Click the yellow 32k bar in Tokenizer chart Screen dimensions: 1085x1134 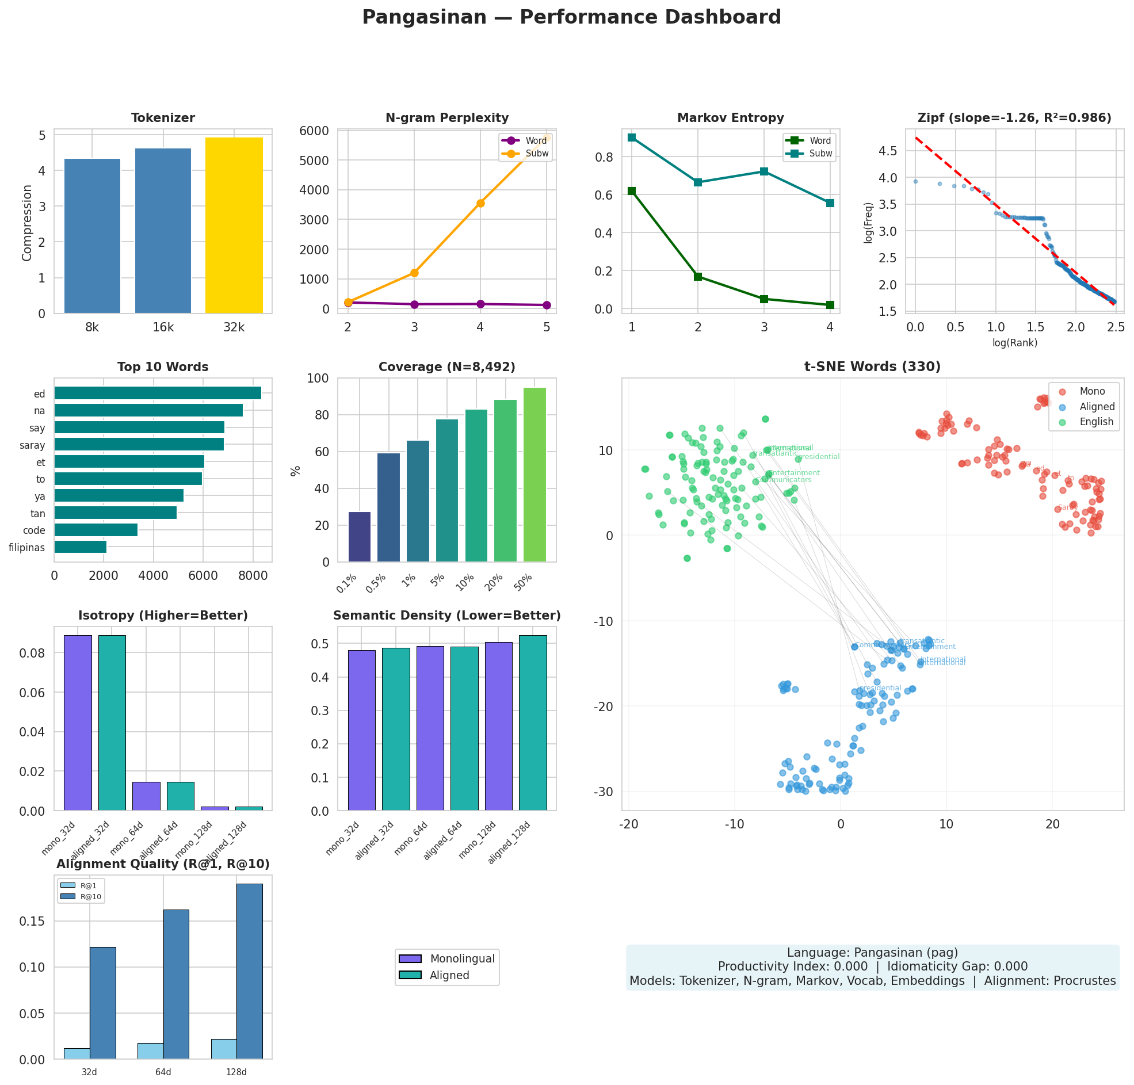(x=234, y=226)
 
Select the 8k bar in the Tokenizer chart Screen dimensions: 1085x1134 (x=92, y=236)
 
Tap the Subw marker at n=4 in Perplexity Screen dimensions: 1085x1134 (x=480, y=203)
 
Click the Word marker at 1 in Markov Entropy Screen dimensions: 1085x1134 (x=632, y=191)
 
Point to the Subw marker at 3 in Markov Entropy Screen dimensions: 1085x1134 (x=763, y=171)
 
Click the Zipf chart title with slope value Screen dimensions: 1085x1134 (x=1014, y=118)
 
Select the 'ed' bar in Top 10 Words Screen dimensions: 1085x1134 (x=157, y=393)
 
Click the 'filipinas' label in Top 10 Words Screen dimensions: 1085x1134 (x=26, y=547)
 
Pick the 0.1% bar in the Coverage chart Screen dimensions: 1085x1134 (x=359, y=536)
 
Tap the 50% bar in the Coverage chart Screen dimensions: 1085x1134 (x=534, y=474)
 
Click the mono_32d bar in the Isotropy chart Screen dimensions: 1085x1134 (x=78, y=723)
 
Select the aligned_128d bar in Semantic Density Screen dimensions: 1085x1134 (x=533, y=723)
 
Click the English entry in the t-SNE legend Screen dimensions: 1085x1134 (x=1096, y=422)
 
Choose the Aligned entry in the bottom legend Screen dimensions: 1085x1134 (x=449, y=975)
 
